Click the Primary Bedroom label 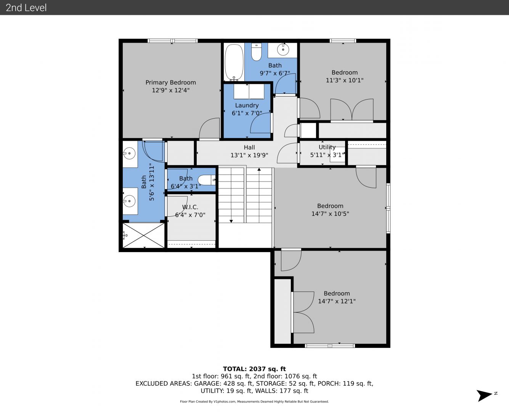point(171,82)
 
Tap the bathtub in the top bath point(234,62)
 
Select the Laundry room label point(247,105)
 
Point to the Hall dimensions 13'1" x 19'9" point(249,155)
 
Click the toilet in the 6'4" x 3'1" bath point(207,180)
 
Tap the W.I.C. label point(190,207)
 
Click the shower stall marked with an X point(143,235)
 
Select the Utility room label point(327,147)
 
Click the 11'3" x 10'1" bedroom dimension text point(345,80)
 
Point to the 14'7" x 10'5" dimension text point(330,214)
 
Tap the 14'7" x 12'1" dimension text point(337,301)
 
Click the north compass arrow point(484,396)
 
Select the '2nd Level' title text point(26,8)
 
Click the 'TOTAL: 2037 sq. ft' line point(254,369)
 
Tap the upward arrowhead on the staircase point(259,169)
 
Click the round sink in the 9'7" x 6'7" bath point(283,50)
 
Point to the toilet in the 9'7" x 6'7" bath point(257,51)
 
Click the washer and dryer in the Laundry point(249,91)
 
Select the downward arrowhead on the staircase point(231,221)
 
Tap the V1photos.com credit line point(254,401)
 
